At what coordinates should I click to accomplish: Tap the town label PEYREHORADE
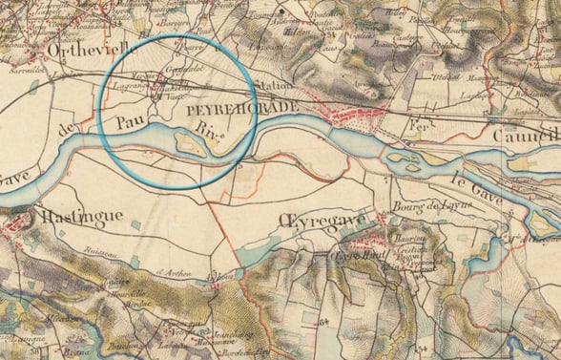[x=243, y=110]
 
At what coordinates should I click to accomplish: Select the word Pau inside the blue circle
[x=132, y=122]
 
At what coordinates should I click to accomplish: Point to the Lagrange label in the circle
[x=129, y=86]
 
